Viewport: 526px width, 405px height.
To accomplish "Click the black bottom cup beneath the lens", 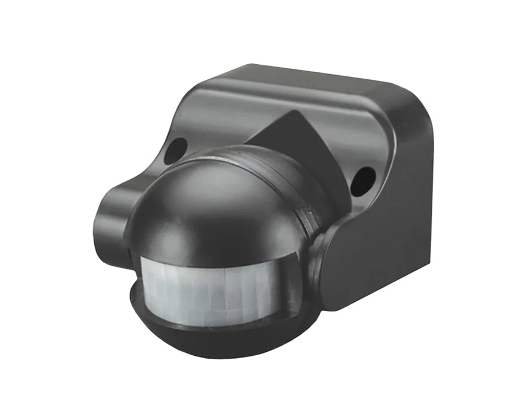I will point(220,341).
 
